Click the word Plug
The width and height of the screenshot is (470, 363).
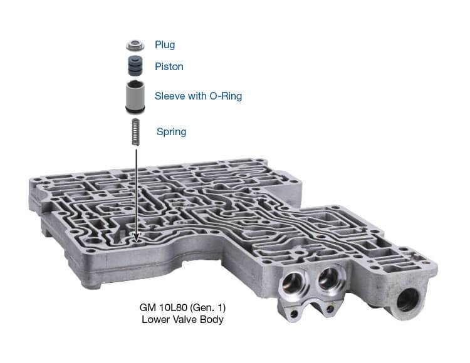(165, 45)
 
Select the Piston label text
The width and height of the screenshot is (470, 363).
(169, 66)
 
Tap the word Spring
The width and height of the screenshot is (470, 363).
(171, 132)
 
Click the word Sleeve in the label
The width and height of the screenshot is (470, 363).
(170, 96)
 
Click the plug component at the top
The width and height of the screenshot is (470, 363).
(135, 45)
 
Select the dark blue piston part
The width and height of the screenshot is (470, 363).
(135, 66)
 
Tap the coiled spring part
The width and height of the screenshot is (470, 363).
(136, 132)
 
